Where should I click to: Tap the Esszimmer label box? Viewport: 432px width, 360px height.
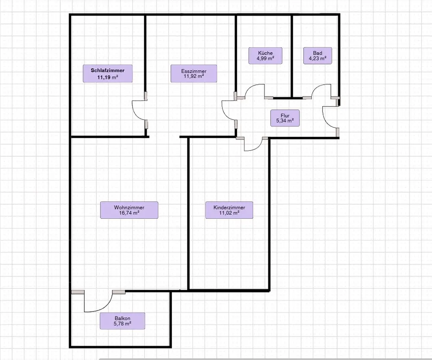pyautogui.click(x=194, y=73)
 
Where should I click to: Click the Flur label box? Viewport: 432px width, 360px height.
pyautogui.click(x=285, y=118)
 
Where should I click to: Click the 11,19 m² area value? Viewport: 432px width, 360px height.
pyautogui.click(x=108, y=77)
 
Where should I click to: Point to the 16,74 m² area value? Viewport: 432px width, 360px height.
pyautogui.click(x=129, y=213)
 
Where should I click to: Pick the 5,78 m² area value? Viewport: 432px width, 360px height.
pyautogui.click(x=122, y=324)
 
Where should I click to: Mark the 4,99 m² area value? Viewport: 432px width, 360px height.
pyautogui.click(x=265, y=58)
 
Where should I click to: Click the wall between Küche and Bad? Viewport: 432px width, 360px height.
pyautogui.click(x=292, y=56)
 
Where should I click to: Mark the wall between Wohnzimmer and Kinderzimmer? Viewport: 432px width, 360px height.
pyautogui.click(x=188, y=214)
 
